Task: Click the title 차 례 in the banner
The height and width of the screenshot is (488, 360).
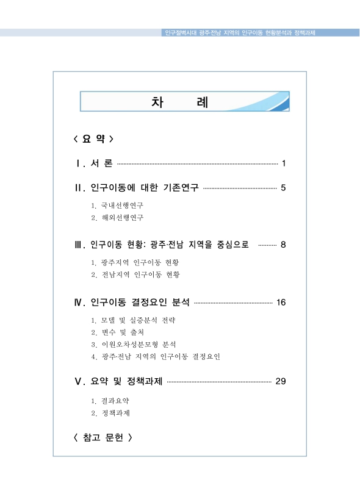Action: (179, 102)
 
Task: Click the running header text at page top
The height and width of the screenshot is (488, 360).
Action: (240, 32)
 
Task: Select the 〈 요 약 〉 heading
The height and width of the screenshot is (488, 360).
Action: (93, 138)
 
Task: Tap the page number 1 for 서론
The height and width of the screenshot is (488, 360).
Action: (284, 163)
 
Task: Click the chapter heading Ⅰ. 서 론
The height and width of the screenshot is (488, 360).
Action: (93, 163)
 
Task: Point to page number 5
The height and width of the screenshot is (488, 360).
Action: (283, 187)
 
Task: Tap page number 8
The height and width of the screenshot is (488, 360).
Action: (283, 245)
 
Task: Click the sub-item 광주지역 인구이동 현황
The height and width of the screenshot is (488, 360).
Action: (140, 262)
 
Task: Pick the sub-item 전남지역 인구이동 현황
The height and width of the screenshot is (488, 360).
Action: (140, 274)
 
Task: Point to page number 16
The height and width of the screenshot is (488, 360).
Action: (281, 302)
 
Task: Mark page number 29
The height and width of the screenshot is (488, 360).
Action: (281, 381)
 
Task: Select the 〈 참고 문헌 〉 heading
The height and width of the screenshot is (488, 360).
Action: (102, 437)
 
